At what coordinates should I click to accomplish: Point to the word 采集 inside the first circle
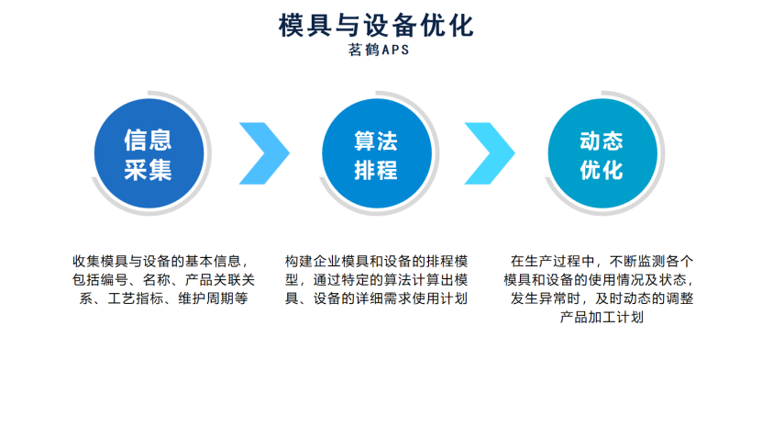pos(149,169)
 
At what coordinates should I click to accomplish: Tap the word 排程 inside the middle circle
pos(376,169)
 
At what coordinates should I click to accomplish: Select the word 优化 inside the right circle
pos(602,169)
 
